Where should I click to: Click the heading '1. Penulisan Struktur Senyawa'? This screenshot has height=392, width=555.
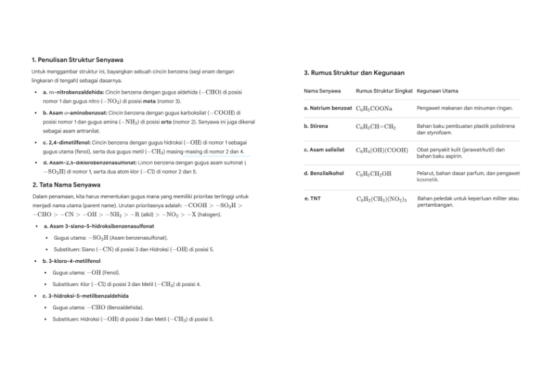[77, 60]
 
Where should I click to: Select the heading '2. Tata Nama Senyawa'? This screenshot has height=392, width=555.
[66, 184]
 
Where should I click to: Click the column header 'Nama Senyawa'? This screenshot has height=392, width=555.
[320, 90]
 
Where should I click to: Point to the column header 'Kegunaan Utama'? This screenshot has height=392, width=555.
[437, 90]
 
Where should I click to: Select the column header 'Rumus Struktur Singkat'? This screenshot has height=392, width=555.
[384, 90]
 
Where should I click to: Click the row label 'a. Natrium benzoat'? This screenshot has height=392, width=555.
[328, 108]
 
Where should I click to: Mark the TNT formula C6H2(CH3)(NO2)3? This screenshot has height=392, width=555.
[381, 199]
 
